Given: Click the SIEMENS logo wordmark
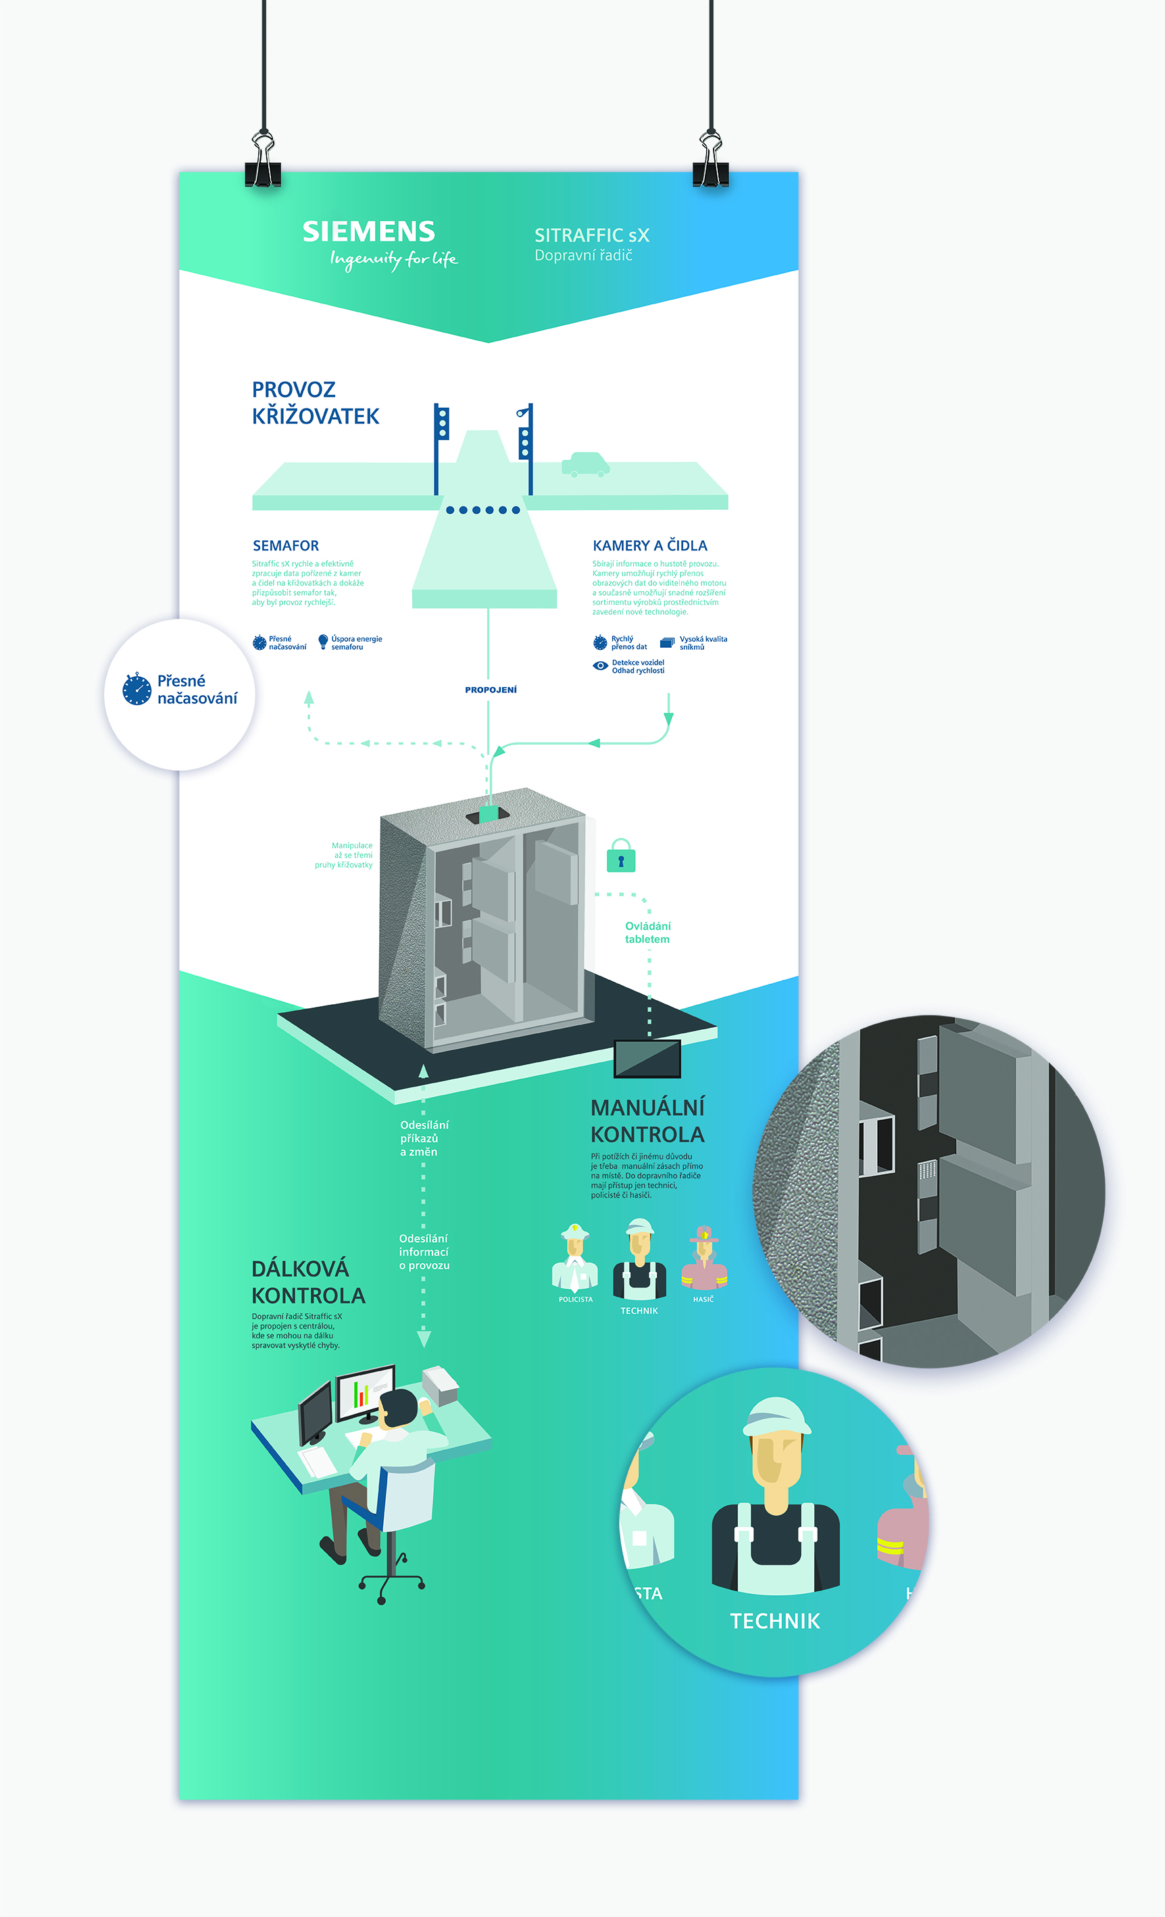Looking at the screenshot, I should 369,232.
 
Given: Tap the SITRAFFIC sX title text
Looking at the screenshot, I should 592,235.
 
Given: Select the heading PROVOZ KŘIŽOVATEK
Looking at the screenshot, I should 315,403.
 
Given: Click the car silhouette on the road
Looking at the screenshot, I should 585,465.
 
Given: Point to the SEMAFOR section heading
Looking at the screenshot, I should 285,546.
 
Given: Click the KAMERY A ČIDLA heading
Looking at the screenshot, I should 649,546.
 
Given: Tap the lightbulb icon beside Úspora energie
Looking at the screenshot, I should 323,642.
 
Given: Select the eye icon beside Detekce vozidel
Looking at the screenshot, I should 600,666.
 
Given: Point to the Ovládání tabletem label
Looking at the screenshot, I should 647,932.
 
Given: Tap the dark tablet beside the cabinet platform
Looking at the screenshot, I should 647,1058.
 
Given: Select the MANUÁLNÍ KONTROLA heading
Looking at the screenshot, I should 647,1120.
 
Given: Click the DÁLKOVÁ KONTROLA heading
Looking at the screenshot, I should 308,1281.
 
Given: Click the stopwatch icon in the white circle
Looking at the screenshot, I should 137,689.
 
